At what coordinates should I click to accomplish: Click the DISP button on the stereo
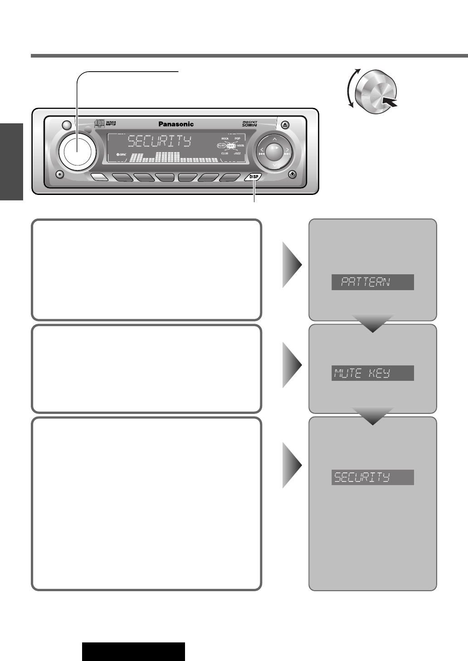pos(253,177)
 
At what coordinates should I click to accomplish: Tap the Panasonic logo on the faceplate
pos(176,124)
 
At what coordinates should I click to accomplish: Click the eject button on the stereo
pos(284,124)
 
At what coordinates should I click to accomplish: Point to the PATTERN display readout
pos(372,282)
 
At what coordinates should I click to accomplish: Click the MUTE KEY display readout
pos(372,373)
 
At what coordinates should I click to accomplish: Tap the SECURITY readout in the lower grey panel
pos(372,477)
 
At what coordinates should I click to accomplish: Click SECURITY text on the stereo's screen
pos(159,141)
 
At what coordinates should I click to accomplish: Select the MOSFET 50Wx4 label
pos(250,124)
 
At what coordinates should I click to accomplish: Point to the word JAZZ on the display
pos(237,154)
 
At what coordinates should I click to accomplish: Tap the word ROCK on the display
pos(225,138)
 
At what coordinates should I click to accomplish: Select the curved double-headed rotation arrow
pos(352,88)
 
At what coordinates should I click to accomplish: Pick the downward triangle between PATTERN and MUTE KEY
pos(372,323)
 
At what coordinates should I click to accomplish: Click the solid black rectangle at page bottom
pos(133,651)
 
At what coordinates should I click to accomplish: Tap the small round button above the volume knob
pos(67,125)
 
